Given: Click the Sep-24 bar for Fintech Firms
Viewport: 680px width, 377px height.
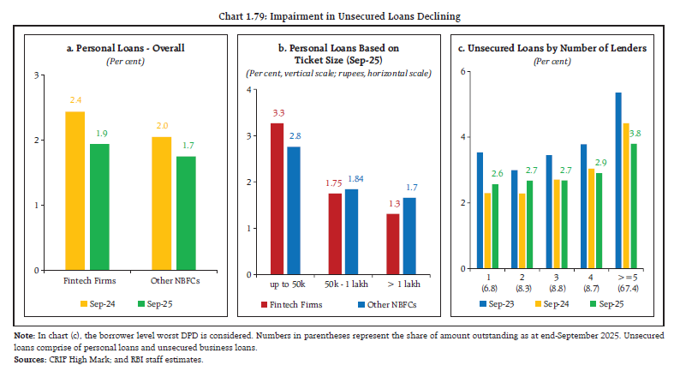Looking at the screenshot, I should click(75, 191).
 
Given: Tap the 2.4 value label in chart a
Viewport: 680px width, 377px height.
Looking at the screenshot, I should click(75, 101).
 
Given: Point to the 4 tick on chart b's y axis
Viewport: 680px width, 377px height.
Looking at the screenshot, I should click(249, 90).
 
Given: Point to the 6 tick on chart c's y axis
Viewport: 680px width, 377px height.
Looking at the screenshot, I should click(463, 71).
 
